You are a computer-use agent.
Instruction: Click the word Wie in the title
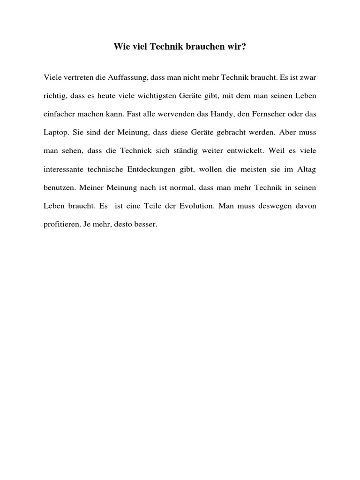[x=121, y=47]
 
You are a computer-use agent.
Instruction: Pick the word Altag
[x=307, y=169]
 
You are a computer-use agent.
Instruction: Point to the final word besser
[x=146, y=225]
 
